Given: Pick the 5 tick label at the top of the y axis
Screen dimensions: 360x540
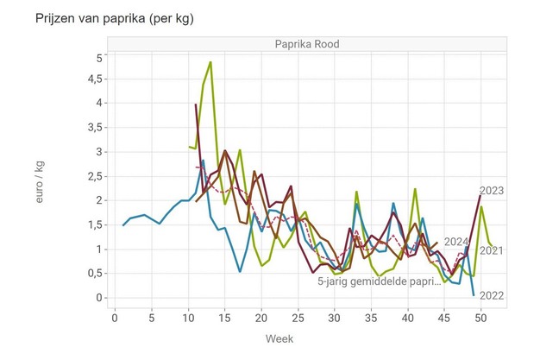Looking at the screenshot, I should pos(100,58).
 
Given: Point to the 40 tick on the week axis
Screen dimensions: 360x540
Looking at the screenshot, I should pos(409,317).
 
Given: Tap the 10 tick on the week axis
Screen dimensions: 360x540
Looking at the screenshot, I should pos(189,317).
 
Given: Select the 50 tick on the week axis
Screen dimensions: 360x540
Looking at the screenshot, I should pos(482,317).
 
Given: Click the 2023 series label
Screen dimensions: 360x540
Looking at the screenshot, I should pos(491,191).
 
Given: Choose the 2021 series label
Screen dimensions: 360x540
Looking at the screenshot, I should pos(491,251).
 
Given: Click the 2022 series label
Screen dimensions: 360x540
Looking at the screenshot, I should pos(491,296).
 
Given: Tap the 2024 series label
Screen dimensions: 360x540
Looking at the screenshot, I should pos(456,242).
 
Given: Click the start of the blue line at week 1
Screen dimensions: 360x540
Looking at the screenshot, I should pos(123,225).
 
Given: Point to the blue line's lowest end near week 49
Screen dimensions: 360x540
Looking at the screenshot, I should pos(474,295).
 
